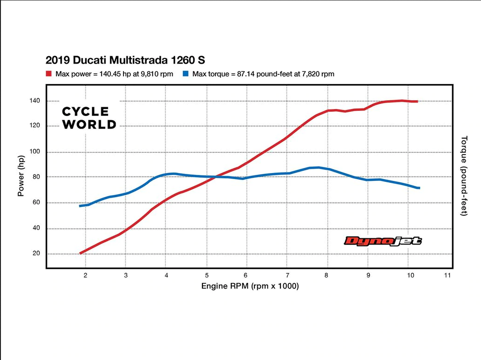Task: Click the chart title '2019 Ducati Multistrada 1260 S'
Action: tap(125, 60)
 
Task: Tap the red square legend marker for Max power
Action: tap(48, 74)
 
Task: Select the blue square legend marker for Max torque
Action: tap(185, 74)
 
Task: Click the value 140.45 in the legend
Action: tap(110, 74)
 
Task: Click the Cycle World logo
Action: tap(89, 118)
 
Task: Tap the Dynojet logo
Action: tap(383, 240)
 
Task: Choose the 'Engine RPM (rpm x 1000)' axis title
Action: tap(250, 286)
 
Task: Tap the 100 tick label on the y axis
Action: tap(35, 152)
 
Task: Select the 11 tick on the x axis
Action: tap(448, 275)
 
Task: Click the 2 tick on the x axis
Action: tap(85, 275)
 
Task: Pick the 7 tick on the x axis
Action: tap(288, 275)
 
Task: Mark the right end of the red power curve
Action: tap(417, 101)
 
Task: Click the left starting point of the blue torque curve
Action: tap(80, 206)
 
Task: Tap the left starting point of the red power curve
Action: tap(81, 253)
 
